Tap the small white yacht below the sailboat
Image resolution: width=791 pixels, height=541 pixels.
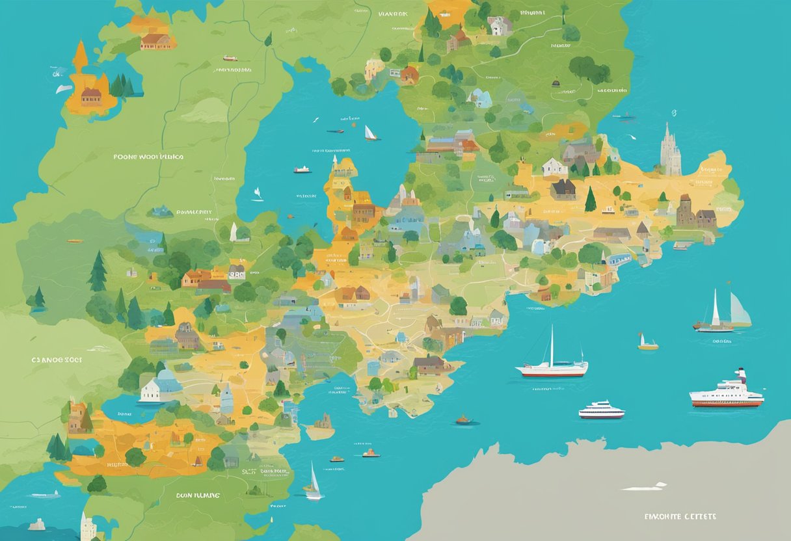tap(601, 410)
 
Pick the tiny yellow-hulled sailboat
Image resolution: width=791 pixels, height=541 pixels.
tap(647, 344)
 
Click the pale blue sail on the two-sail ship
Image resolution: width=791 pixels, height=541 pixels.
tap(739, 310)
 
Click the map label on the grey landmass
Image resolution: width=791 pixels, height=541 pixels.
tap(680, 516)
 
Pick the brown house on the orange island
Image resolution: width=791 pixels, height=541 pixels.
tap(90, 97)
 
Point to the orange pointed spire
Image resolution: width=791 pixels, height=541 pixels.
tap(80, 57)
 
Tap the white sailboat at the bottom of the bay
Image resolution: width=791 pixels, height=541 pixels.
tap(314, 484)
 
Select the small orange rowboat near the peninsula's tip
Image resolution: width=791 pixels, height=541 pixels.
tap(463, 420)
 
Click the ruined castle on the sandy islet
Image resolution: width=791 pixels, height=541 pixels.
tap(321, 424)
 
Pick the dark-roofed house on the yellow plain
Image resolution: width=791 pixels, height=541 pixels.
tap(563, 189)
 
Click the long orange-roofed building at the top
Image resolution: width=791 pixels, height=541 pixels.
tap(155, 42)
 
